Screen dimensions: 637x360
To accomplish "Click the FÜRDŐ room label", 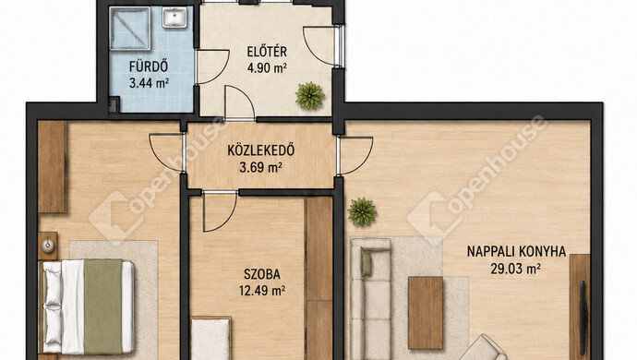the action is click(149, 66).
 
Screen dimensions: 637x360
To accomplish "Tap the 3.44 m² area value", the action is click(149, 83).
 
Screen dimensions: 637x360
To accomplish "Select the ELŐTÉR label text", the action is click(267, 52).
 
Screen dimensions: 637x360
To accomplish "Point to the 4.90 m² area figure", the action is click(267, 67).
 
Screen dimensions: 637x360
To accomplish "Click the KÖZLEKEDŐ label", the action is click(261, 150).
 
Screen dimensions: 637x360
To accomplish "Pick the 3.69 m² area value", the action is click(261, 167).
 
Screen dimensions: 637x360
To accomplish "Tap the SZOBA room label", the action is click(262, 274).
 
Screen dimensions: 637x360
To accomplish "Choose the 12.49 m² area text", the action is click(262, 291).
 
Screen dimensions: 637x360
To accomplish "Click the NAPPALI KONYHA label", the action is click(516, 251).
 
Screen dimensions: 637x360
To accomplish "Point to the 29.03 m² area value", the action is click(515, 269).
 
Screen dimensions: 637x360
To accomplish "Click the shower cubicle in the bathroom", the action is click(130, 28).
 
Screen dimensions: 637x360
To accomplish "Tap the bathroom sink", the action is click(174, 18).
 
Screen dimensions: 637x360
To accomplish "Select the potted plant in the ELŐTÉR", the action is click(310, 95).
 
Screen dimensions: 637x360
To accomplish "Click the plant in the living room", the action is click(362, 211).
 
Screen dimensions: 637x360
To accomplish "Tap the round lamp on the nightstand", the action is click(48, 245).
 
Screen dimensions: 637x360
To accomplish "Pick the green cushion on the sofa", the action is click(366, 263).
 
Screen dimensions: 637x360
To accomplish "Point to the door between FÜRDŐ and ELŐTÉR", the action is click(212, 66).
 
